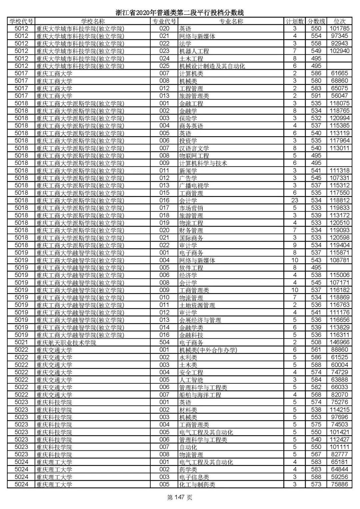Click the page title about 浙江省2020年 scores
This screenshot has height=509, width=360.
180,13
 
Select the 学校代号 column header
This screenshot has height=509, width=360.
21,21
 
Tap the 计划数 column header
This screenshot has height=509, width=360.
295,21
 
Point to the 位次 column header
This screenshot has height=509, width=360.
339,21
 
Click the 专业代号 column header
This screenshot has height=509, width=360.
164,21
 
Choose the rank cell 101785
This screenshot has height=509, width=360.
339,29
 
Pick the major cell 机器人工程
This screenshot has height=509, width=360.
194,51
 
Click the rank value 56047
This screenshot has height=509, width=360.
339,96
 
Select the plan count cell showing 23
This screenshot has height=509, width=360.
295,200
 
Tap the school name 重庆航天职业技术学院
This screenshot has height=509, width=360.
66,342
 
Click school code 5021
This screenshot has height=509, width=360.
21,342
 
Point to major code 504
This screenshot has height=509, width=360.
164,342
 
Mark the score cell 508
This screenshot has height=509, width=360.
316,342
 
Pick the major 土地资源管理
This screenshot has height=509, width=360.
197,305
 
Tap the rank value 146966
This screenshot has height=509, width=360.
339,342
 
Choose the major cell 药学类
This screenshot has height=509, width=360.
188,469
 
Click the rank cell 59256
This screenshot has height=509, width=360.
339,477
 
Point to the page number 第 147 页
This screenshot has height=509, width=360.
180,498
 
